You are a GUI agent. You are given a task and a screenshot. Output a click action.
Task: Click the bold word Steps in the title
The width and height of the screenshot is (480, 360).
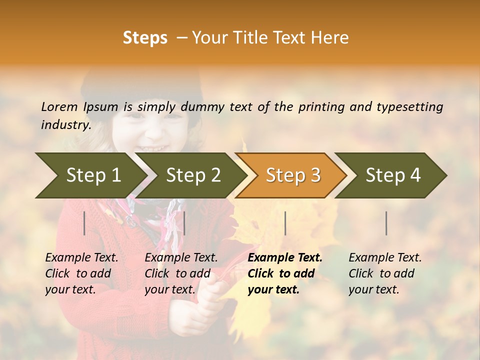[145, 38]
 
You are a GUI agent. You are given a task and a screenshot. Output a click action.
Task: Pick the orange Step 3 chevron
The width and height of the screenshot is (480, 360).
[293, 175]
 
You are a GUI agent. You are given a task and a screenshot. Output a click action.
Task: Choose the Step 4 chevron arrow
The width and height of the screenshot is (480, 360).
[393, 175]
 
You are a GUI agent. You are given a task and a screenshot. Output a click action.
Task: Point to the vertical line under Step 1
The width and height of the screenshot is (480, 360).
[84, 223]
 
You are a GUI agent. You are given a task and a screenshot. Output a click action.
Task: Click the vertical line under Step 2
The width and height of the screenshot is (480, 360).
[184, 223]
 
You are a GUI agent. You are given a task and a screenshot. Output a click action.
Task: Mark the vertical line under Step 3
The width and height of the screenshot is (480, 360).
[285, 223]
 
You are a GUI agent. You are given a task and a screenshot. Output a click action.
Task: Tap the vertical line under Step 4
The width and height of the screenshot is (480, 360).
[386, 223]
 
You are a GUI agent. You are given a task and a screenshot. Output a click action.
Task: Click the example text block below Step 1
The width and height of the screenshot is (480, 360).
[81, 273]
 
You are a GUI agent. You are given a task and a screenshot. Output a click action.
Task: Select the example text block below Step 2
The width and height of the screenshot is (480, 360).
[181, 273]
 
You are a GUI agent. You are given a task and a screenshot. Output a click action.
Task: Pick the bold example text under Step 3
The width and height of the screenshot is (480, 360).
[285, 273]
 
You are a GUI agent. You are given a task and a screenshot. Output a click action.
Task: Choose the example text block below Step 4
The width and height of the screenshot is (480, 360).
[385, 273]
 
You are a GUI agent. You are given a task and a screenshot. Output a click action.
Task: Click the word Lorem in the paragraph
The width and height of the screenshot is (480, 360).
[59, 107]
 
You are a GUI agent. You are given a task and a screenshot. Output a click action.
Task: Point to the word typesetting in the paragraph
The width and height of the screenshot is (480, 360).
[409, 107]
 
